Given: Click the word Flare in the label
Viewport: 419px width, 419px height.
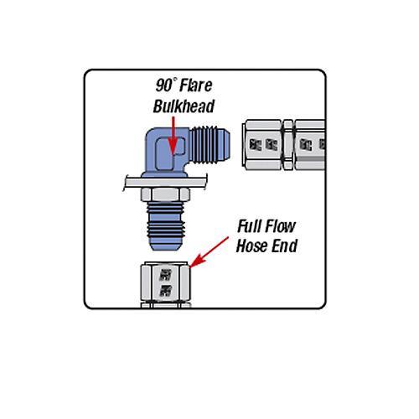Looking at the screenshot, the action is point(195,85).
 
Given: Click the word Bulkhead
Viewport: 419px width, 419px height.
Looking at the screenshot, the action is point(184,106).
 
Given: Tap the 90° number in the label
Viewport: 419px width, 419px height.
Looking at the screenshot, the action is point(166,85).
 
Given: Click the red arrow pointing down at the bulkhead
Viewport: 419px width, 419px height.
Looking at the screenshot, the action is point(173,135).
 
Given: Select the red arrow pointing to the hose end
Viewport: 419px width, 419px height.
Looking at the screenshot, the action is point(209,252).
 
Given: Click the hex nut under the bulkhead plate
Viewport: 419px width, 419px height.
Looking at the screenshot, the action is point(165,194).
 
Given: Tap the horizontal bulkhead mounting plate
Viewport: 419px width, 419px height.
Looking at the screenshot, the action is point(165,183).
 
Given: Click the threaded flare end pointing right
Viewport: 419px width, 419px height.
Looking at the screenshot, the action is point(210,145).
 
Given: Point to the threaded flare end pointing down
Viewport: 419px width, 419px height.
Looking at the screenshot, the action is point(165,225).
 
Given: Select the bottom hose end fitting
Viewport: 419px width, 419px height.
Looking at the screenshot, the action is point(165,285).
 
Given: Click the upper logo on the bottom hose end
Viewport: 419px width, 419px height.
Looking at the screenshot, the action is point(165,275).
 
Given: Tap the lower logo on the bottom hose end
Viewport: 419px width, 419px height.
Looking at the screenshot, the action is point(165,291).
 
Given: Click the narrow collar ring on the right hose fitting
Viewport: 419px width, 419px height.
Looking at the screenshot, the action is point(288,145).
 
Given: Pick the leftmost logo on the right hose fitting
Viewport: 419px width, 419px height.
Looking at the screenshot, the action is point(255,145).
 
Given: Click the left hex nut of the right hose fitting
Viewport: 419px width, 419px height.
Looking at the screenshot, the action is point(262,145).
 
